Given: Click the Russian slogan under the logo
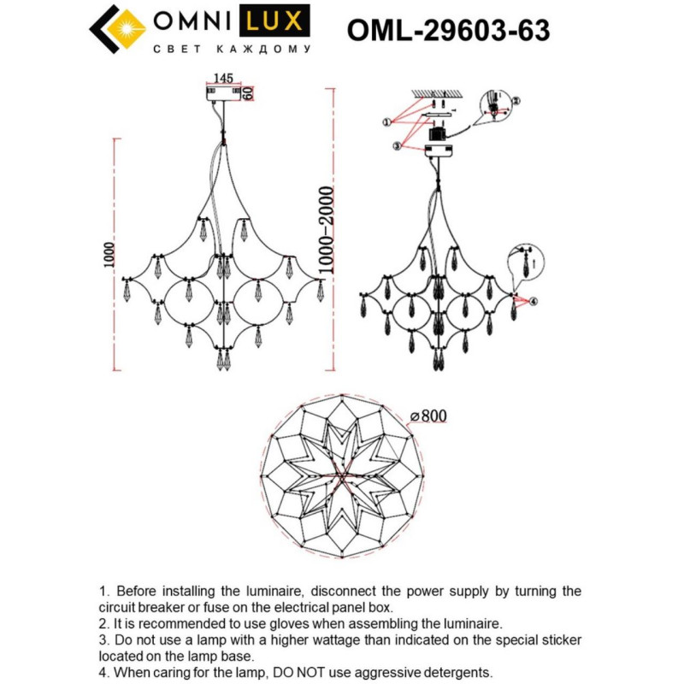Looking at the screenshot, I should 230,50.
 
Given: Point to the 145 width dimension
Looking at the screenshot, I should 224,77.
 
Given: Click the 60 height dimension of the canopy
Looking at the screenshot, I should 249,93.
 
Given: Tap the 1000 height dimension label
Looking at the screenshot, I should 108,254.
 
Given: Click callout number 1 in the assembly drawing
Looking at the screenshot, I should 386,123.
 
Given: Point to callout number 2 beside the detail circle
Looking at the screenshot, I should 516,100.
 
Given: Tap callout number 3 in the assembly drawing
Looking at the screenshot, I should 397,146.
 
